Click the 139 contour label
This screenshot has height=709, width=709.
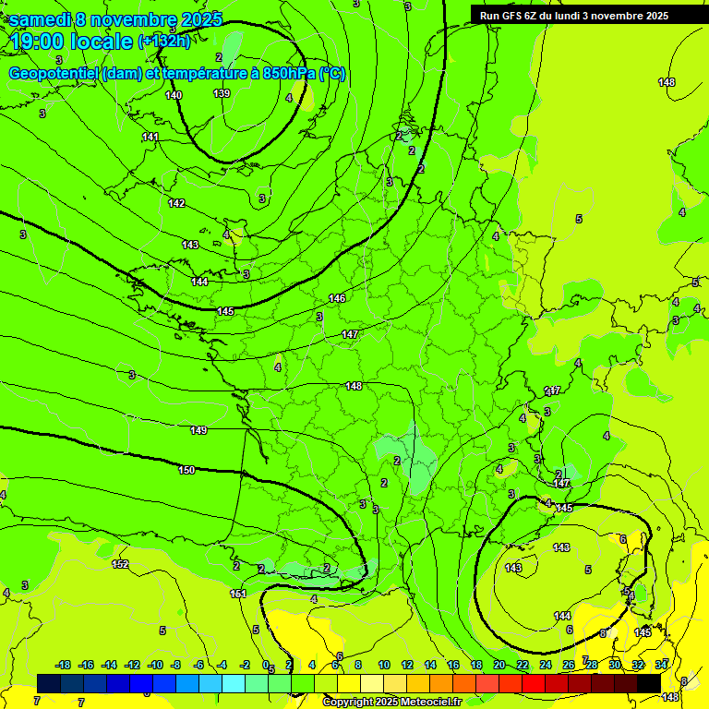pos(222,93)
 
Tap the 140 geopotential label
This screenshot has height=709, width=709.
pos(174,95)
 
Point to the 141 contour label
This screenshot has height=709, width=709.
pos(150,138)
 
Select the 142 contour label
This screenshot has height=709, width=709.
pos(176,203)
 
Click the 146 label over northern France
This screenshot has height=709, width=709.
pos(337,298)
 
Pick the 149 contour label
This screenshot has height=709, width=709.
pos(198,430)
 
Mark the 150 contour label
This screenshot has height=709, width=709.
pos(186,470)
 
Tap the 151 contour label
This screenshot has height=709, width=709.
pos(238,594)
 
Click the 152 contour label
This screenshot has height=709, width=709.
pos(120,564)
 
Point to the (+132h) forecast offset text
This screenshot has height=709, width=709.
pos(163,42)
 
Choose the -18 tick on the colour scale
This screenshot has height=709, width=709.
pos(64,665)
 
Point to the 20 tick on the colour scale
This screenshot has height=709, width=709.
pos(499,665)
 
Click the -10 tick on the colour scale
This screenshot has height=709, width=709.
pos(155,665)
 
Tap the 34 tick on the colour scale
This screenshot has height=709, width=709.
pos(661,665)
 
